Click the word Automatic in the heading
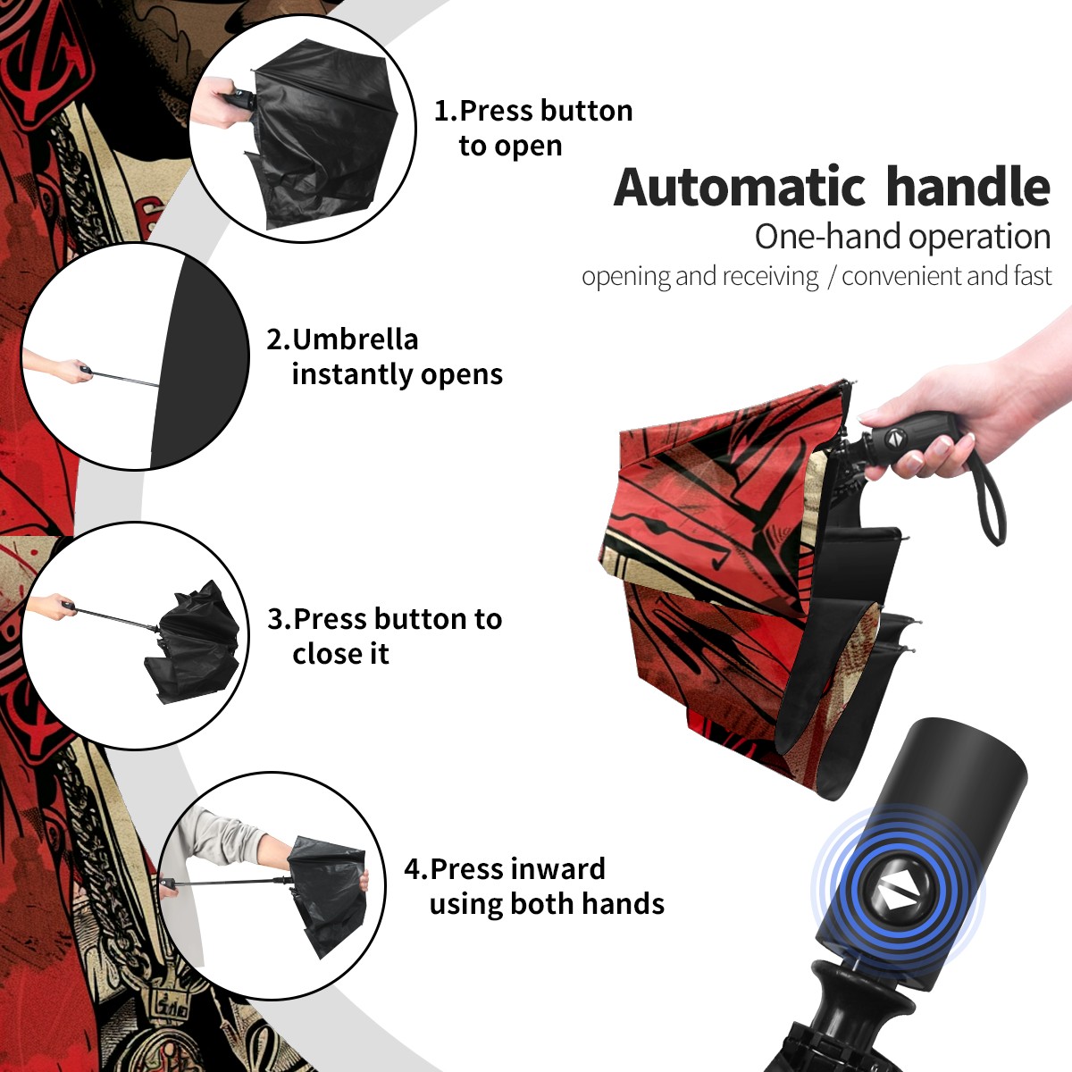click(x=740, y=188)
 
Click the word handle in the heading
click(x=968, y=186)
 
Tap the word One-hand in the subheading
click(x=829, y=237)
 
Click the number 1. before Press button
click(x=445, y=111)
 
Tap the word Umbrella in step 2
click(x=355, y=339)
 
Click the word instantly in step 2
click(x=353, y=374)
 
